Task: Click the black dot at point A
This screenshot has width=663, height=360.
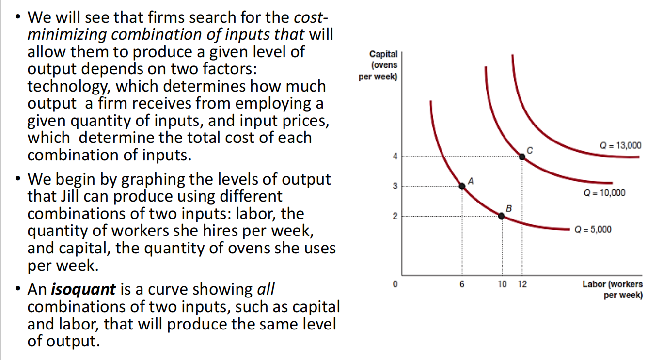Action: (462, 186)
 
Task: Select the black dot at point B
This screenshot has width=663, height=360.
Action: (501, 216)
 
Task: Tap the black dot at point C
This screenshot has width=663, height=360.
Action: (522, 157)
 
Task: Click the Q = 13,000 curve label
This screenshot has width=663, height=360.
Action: (620, 145)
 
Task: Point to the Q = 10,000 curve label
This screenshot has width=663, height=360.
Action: (604, 193)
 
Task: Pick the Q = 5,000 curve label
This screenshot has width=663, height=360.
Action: (593, 229)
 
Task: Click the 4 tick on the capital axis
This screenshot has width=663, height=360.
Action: (395, 156)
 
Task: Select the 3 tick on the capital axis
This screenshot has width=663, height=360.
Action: (395, 186)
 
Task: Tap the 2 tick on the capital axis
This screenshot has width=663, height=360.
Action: (395, 216)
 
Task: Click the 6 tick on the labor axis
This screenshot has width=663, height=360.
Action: (462, 284)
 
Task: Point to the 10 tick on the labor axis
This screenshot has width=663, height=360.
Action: (502, 284)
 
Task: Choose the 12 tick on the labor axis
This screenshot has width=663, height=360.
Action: (522, 284)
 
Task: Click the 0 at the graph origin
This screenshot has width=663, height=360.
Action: (395, 284)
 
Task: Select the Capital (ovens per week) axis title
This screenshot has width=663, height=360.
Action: (378, 65)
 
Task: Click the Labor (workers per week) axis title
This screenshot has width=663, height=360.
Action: (613, 290)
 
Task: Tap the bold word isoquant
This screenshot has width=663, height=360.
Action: (83, 290)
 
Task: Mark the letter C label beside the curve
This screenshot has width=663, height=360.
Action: (530, 150)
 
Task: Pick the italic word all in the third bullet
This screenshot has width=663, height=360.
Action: (266, 289)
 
